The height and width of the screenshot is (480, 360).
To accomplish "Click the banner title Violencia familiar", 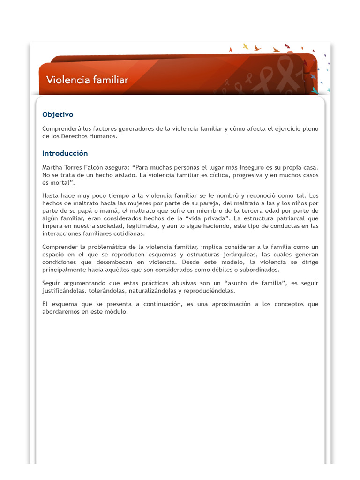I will point(87,80).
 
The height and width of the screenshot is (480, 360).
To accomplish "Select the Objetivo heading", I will point(58,114).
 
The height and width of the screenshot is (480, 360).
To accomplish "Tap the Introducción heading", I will point(65,153).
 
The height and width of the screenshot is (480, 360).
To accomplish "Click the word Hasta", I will point(51,195).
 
